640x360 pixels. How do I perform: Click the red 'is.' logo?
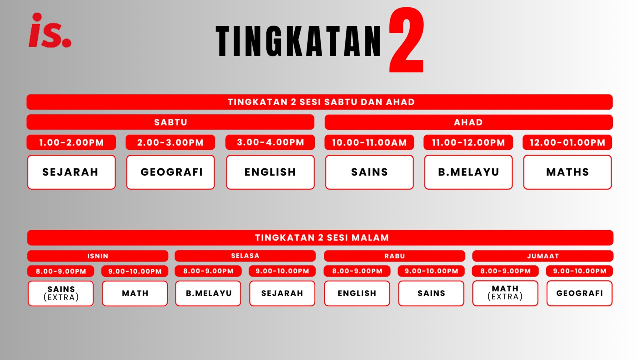pos(50,30)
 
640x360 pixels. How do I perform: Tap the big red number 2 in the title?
pos(406,40)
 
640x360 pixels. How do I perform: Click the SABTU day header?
pos(170,122)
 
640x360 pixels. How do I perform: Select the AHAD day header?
pos(468,122)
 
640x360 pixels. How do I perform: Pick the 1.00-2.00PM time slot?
pos(72,142)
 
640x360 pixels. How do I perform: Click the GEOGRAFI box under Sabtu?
pos(170,172)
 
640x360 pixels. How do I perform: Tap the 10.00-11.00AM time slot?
pos(369,142)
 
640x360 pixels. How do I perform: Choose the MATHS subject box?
pos(568,172)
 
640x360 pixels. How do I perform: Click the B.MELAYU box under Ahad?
pos(468,172)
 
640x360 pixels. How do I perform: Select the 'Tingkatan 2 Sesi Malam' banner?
pos(320,238)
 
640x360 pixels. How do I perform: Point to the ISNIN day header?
pos(98,256)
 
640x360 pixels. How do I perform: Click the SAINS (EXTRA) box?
pos(60,294)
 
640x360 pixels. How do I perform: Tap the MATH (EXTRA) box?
pos(505,293)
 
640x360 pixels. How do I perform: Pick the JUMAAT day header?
pos(543,256)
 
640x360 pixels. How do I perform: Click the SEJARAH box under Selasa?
pos(282,294)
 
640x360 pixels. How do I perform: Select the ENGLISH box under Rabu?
pos(357,294)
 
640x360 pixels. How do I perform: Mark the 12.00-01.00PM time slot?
pos(568,142)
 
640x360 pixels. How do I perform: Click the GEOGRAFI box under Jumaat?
pos(580,294)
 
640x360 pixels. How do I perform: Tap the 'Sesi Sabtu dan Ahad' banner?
pos(320,102)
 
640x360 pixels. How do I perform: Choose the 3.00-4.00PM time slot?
pos(270,142)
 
